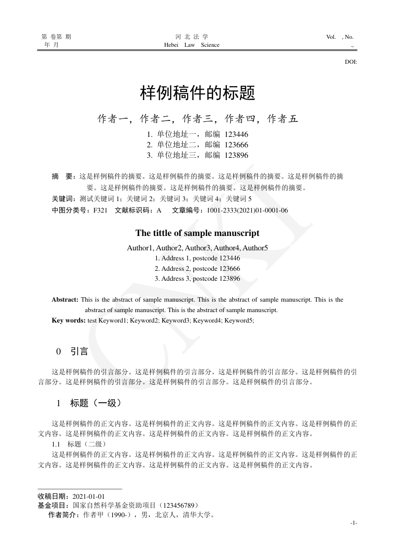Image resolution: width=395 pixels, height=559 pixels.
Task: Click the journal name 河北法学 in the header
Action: point(192,37)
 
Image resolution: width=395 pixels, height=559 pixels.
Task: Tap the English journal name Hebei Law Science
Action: point(192,45)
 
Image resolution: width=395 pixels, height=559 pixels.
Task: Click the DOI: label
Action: point(351,62)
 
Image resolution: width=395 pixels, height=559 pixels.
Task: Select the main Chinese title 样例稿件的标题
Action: point(197,92)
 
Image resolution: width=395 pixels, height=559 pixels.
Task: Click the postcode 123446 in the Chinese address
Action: point(236,134)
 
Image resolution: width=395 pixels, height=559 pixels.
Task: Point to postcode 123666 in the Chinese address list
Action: point(236,145)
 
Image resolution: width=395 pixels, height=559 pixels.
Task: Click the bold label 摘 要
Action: point(63,176)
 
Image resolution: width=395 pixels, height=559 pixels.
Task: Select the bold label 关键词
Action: point(62,199)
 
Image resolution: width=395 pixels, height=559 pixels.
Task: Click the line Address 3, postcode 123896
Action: point(197,279)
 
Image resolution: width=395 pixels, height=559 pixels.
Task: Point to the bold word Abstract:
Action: point(65,300)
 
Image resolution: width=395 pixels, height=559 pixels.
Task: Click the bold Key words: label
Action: point(69,321)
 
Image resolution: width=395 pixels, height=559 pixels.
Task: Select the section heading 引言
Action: point(79,352)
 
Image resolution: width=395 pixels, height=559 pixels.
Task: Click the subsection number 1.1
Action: point(56,444)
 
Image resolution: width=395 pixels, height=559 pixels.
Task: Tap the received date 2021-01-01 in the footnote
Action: point(89,497)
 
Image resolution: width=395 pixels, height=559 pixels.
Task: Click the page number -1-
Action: point(353,523)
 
